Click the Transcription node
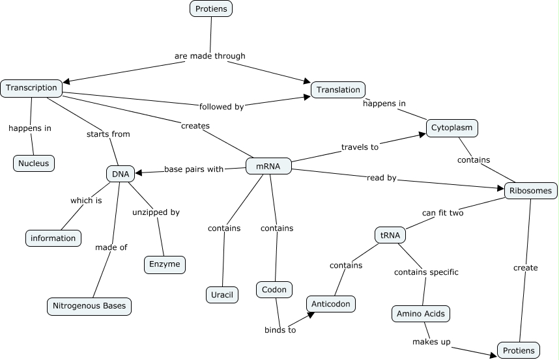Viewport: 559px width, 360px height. pos(31,88)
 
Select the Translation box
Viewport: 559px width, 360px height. pos(338,90)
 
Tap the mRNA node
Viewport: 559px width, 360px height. pos(268,167)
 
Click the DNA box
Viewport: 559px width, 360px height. pos(121,174)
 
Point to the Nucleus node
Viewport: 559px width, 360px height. pos(34,163)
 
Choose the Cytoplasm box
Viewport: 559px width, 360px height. pos(452,128)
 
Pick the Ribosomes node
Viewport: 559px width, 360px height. pos(531,191)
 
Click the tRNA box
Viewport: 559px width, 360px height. pos(390,234)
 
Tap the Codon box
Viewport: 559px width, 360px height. pos(274,290)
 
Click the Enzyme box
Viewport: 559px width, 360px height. pos(165,264)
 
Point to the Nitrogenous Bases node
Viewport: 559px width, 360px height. pos(90,306)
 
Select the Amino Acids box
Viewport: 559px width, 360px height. pos(421,314)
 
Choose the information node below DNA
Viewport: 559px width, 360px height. pos(53,238)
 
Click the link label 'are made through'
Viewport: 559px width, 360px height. pos(210,56)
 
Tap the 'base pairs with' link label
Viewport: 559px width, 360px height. pos(193,169)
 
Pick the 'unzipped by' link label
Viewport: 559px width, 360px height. pos(156,212)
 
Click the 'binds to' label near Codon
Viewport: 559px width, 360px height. pos(280,329)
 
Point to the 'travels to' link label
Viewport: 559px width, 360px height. pos(360,147)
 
